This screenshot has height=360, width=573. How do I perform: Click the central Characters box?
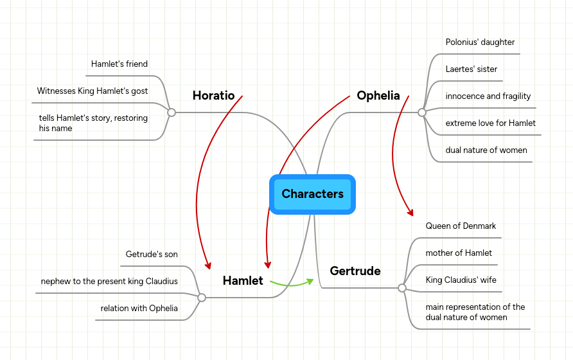(312, 194)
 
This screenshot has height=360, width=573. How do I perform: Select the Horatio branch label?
(213, 96)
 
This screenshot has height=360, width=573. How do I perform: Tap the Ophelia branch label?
(378, 96)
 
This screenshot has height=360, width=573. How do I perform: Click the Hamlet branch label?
(243, 280)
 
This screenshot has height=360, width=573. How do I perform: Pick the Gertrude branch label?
(355, 271)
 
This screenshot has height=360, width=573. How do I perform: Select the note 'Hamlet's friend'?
(119, 64)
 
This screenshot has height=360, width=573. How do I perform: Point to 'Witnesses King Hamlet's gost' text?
(93, 91)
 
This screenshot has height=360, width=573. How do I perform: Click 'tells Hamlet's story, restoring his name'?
(93, 123)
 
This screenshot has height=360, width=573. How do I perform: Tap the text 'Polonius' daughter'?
(480, 42)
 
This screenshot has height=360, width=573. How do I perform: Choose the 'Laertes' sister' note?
(471, 69)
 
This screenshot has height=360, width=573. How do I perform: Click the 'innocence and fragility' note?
(488, 96)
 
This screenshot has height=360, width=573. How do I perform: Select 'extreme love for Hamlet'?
(490, 123)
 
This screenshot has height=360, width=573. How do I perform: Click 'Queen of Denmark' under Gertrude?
(461, 226)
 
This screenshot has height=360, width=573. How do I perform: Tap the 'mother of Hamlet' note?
(459, 253)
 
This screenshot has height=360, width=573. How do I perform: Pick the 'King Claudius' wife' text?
(461, 280)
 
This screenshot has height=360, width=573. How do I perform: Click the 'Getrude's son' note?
(152, 255)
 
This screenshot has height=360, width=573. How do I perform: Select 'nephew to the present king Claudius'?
(109, 282)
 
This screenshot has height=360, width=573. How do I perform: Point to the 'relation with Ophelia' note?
(139, 309)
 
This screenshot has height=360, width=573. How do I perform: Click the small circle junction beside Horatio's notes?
(172, 113)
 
